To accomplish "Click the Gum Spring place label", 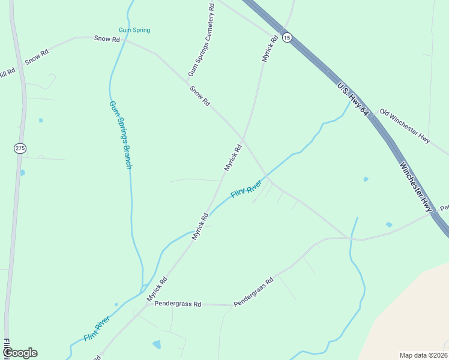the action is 134,30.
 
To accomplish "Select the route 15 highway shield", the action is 287,37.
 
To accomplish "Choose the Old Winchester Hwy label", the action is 405,125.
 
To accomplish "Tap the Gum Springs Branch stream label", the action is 120,134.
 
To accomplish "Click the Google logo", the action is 20,353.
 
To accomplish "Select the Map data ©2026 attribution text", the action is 423,355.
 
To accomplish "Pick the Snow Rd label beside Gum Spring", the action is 107,38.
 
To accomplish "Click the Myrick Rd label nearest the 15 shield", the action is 270,49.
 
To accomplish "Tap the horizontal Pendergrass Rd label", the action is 177,304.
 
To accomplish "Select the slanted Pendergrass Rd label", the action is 253,292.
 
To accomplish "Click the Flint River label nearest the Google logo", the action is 97,329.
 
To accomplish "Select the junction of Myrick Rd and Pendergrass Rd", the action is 139,304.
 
